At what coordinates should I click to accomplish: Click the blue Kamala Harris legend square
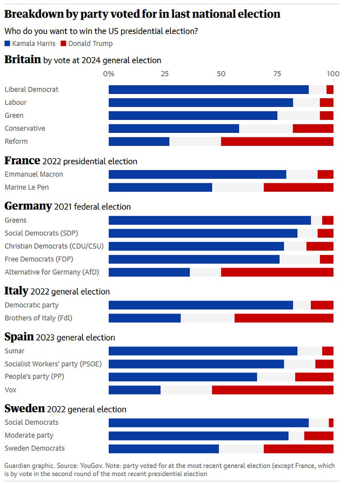(7, 44)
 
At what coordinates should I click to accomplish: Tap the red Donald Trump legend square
(63, 44)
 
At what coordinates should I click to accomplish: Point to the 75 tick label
(277, 74)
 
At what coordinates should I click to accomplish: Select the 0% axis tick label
(108, 74)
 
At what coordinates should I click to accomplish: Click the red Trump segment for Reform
(277, 141)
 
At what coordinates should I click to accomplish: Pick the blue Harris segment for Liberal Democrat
(208, 90)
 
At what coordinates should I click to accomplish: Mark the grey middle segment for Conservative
(266, 129)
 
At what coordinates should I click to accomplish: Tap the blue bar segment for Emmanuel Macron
(197, 175)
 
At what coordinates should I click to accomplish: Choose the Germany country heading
(28, 206)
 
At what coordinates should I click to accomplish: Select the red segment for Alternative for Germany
(277, 272)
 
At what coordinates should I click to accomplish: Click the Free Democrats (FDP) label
(39, 259)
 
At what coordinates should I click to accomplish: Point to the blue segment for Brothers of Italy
(144, 318)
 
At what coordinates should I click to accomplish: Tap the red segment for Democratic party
(322, 305)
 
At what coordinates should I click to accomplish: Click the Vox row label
(10, 390)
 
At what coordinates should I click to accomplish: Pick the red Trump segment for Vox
(272, 390)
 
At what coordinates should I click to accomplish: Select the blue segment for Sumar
(203, 351)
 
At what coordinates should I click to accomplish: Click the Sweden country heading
(24, 409)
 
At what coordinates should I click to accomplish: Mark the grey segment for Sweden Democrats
(241, 448)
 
